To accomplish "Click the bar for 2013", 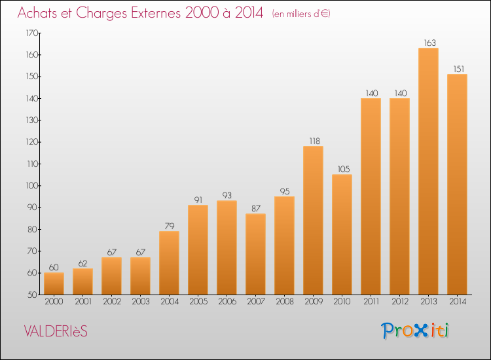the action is [428, 171].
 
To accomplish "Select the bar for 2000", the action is [54, 283].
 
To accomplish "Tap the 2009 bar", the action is [313, 221].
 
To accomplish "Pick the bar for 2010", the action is [342, 234].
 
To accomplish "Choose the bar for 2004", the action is [169, 263].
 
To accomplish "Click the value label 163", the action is [429, 43].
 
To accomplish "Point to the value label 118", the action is [315, 141].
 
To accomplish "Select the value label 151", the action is [459, 69].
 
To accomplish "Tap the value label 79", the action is [170, 226].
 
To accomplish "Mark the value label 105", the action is [344, 169].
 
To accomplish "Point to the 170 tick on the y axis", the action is [32, 33].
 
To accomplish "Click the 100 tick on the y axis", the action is [32, 186].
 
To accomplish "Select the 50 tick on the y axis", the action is [33, 295].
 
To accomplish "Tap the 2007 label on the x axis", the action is [256, 302].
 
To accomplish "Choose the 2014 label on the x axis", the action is [458, 302].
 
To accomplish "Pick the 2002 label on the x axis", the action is [112, 302].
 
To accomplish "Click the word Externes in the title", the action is [156, 12].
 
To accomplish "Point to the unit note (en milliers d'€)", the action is [301, 14].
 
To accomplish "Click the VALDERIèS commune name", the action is [56, 331].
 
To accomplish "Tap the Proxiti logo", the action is [415, 331].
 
